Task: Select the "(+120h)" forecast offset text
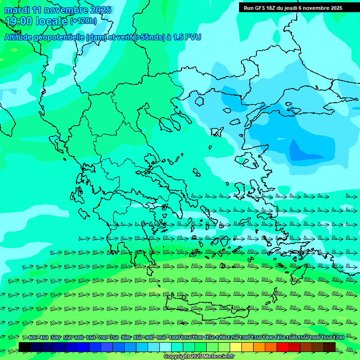[83, 21]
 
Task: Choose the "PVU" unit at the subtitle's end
[193, 37]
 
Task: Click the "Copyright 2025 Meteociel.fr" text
[199, 356]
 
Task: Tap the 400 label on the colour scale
[32, 338]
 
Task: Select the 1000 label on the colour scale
[174, 338]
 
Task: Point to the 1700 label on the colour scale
[338, 338]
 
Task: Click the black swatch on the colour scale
[25, 347]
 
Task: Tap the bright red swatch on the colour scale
[283, 347]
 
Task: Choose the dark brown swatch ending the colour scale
[330, 347]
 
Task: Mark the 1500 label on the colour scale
[292, 338]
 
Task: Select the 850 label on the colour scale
[138, 338]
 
